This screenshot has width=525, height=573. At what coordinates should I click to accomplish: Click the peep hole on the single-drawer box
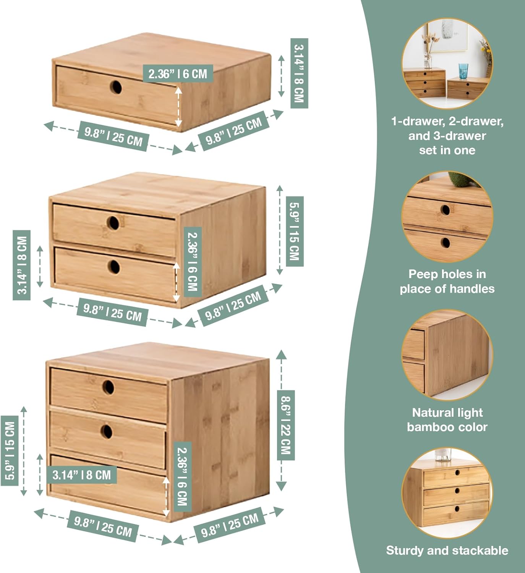(116, 87)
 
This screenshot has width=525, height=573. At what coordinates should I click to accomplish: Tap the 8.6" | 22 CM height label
(285, 425)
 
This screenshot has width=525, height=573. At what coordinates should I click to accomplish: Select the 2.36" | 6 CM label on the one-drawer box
(178, 73)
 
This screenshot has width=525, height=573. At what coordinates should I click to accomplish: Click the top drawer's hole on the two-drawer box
(113, 223)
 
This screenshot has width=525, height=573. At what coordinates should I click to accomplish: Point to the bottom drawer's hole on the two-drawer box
(113, 266)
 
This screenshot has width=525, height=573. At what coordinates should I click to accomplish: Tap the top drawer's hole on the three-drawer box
(108, 387)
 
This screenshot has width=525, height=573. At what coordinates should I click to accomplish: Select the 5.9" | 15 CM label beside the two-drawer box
(294, 231)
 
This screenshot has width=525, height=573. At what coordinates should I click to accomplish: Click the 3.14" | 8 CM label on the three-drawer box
(81, 475)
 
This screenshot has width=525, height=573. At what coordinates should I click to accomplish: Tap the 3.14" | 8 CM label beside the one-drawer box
(299, 73)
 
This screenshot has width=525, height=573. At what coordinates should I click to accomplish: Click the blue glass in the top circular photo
(463, 71)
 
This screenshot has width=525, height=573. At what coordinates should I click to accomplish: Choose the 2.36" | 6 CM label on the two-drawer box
(193, 262)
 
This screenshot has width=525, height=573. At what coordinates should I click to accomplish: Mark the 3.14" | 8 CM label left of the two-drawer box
(22, 265)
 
